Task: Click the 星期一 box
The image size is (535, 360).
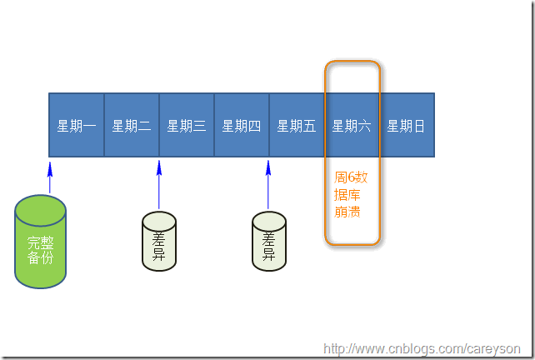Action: click(x=77, y=126)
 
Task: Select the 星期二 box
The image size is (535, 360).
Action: click(x=132, y=126)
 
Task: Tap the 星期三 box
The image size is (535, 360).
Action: click(x=187, y=126)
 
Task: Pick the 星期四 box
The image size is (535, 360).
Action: click(x=242, y=126)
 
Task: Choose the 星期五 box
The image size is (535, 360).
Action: click(x=297, y=126)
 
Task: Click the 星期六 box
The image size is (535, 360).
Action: click(x=352, y=126)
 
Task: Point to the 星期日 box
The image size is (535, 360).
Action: click(x=407, y=126)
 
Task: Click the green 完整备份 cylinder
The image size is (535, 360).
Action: click(x=40, y=242)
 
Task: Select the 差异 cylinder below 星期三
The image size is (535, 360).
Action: click(x=159, y=242)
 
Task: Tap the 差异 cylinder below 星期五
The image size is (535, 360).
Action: click(x=269, y=242)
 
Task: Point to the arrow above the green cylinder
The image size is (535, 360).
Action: click(x=49, y=176)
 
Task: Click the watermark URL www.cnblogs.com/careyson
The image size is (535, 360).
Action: click(x=422, y=348)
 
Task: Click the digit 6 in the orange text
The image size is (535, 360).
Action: click(x=352, y=177)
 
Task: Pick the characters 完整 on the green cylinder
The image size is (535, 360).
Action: click(x=40, y=242)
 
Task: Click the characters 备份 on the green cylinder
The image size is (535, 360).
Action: click(x=40, y=257)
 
